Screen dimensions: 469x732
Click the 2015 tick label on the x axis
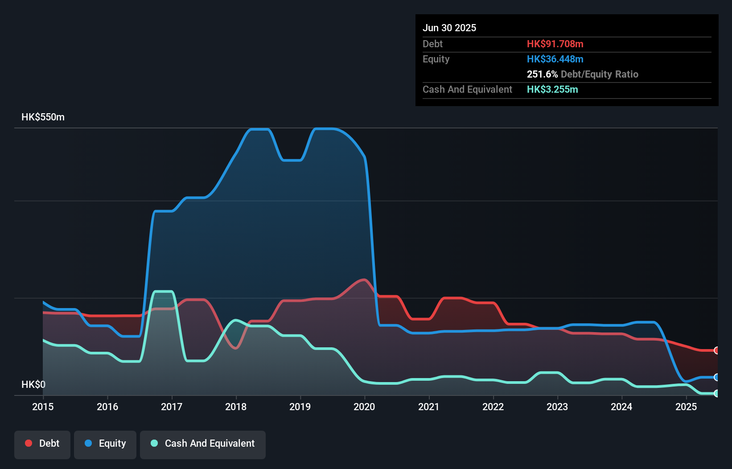point(43,407)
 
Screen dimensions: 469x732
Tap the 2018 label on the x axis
point(236,407)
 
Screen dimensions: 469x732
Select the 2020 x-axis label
point(364,407)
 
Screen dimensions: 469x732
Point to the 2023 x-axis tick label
point(557,407)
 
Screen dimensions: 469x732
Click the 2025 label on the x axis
point(686,407)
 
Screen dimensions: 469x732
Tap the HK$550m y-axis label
point(43,117)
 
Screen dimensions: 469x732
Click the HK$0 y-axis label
point(33,384)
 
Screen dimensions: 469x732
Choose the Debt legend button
point(42,444)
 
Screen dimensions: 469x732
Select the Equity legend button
point(105,444)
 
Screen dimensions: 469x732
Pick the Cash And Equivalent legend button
point(203,444)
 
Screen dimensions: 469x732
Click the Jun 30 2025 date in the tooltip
point(449,28)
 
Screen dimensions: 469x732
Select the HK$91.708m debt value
point(555,44)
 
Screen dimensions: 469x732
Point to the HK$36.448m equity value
point(555,59)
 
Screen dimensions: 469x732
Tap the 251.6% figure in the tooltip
point(542,74)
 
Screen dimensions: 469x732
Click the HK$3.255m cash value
point(552,89)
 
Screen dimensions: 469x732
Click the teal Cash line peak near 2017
point(163,292)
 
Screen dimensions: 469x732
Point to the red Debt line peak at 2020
point(365,280)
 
